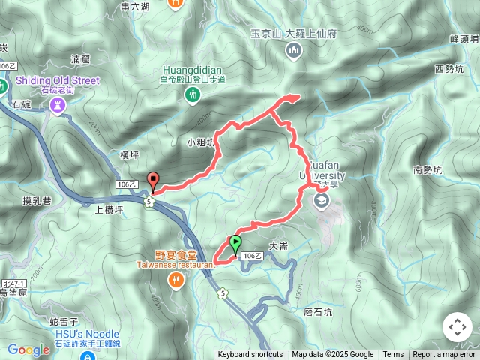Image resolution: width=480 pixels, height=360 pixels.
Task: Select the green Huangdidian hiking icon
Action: pos(194,94)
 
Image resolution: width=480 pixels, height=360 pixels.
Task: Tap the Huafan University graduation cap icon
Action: pos(321,201)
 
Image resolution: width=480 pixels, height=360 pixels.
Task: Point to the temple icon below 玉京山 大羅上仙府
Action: pos(293,51)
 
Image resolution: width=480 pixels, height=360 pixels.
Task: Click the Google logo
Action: pos(28,349)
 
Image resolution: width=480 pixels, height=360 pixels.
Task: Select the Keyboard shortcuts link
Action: pos(250,355)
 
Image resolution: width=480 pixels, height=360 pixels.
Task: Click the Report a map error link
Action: pos(444,355)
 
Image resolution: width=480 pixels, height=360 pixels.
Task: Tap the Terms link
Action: pos(393,355)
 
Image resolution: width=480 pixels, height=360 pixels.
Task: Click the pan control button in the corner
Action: pos(457,327)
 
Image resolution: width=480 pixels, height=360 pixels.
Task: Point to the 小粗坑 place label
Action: pos(201,141)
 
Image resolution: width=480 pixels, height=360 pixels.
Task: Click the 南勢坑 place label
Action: pos(427,170)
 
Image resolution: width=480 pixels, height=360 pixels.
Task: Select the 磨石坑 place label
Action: pos(319,311)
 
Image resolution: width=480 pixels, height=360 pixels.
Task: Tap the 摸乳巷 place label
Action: pos(37,200)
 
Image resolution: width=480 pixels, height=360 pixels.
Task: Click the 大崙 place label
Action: pos(278,245)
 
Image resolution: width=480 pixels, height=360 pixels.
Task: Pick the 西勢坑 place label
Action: pos(448,69)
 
